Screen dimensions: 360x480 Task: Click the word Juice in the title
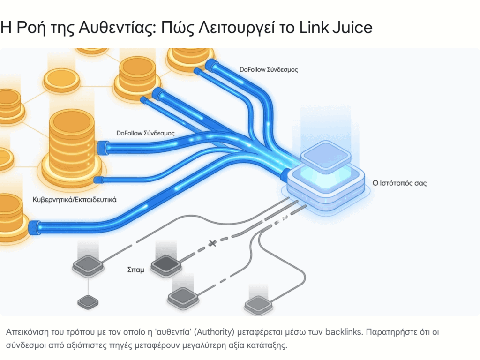click(x=351, y=27)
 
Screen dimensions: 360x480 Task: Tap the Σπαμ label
click(x=135, y=270)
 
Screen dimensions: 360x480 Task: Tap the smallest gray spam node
click(x=88, y=302)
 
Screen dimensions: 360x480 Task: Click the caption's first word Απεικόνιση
click(x=26, y=332)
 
